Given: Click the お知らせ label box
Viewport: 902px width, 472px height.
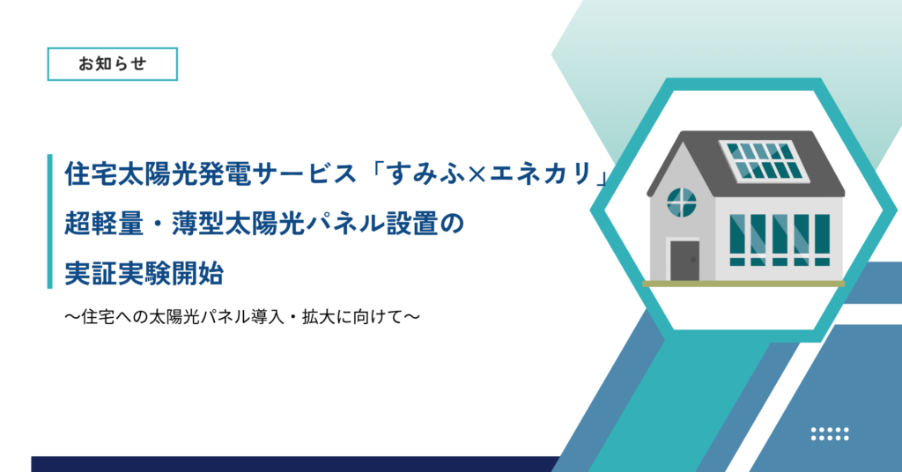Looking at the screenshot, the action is click(x=112, y=63).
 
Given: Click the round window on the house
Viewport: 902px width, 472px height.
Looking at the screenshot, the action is click(x=682, y=203).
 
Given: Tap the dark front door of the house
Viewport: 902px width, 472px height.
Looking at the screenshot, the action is click(x=684, y=261).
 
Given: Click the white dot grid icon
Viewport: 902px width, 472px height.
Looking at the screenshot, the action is click(x=830, y=433).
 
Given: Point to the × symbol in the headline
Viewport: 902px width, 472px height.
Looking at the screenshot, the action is click(x=477, y=173).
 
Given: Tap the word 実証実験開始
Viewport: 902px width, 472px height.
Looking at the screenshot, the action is click(x=144, y=273).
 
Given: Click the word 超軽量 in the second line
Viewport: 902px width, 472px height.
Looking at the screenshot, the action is click(x=104, y=224).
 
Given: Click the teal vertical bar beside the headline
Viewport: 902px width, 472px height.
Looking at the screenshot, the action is click(x=50, y=221).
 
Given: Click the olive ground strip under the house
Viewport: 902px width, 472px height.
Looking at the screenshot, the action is click(x=743, y=284).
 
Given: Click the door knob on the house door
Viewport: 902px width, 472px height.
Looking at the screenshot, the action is click(x=693, y=260).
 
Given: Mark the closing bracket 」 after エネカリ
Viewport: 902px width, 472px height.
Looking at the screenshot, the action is click(x=602, y=176).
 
